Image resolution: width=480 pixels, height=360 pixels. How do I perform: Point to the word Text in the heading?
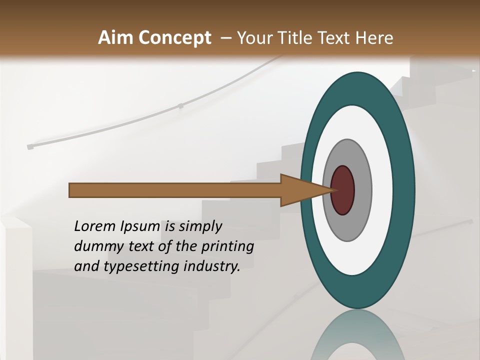tap(335, 38)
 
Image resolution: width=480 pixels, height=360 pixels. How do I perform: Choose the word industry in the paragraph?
tap(212, 266)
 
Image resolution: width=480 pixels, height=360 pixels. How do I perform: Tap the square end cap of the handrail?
tap(30, 147)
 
